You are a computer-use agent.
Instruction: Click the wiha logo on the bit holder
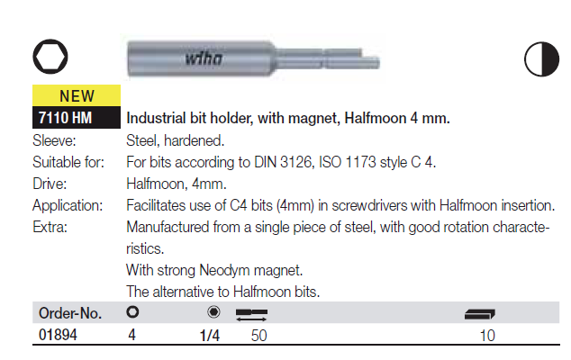coord(204,58)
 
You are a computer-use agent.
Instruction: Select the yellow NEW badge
coord(77,95)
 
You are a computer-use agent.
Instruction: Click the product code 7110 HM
coord(65,118)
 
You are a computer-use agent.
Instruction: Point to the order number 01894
coord(58,335)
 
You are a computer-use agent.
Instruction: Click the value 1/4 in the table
coord(210,335)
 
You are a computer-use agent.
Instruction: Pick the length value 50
coord(258,336)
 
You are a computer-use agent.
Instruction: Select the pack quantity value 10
coord(487,336)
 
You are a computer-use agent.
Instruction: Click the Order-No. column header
coord(70,313)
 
